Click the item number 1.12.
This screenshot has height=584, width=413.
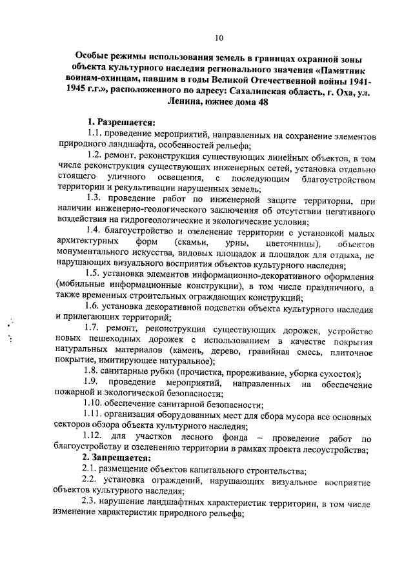[96, 439]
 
